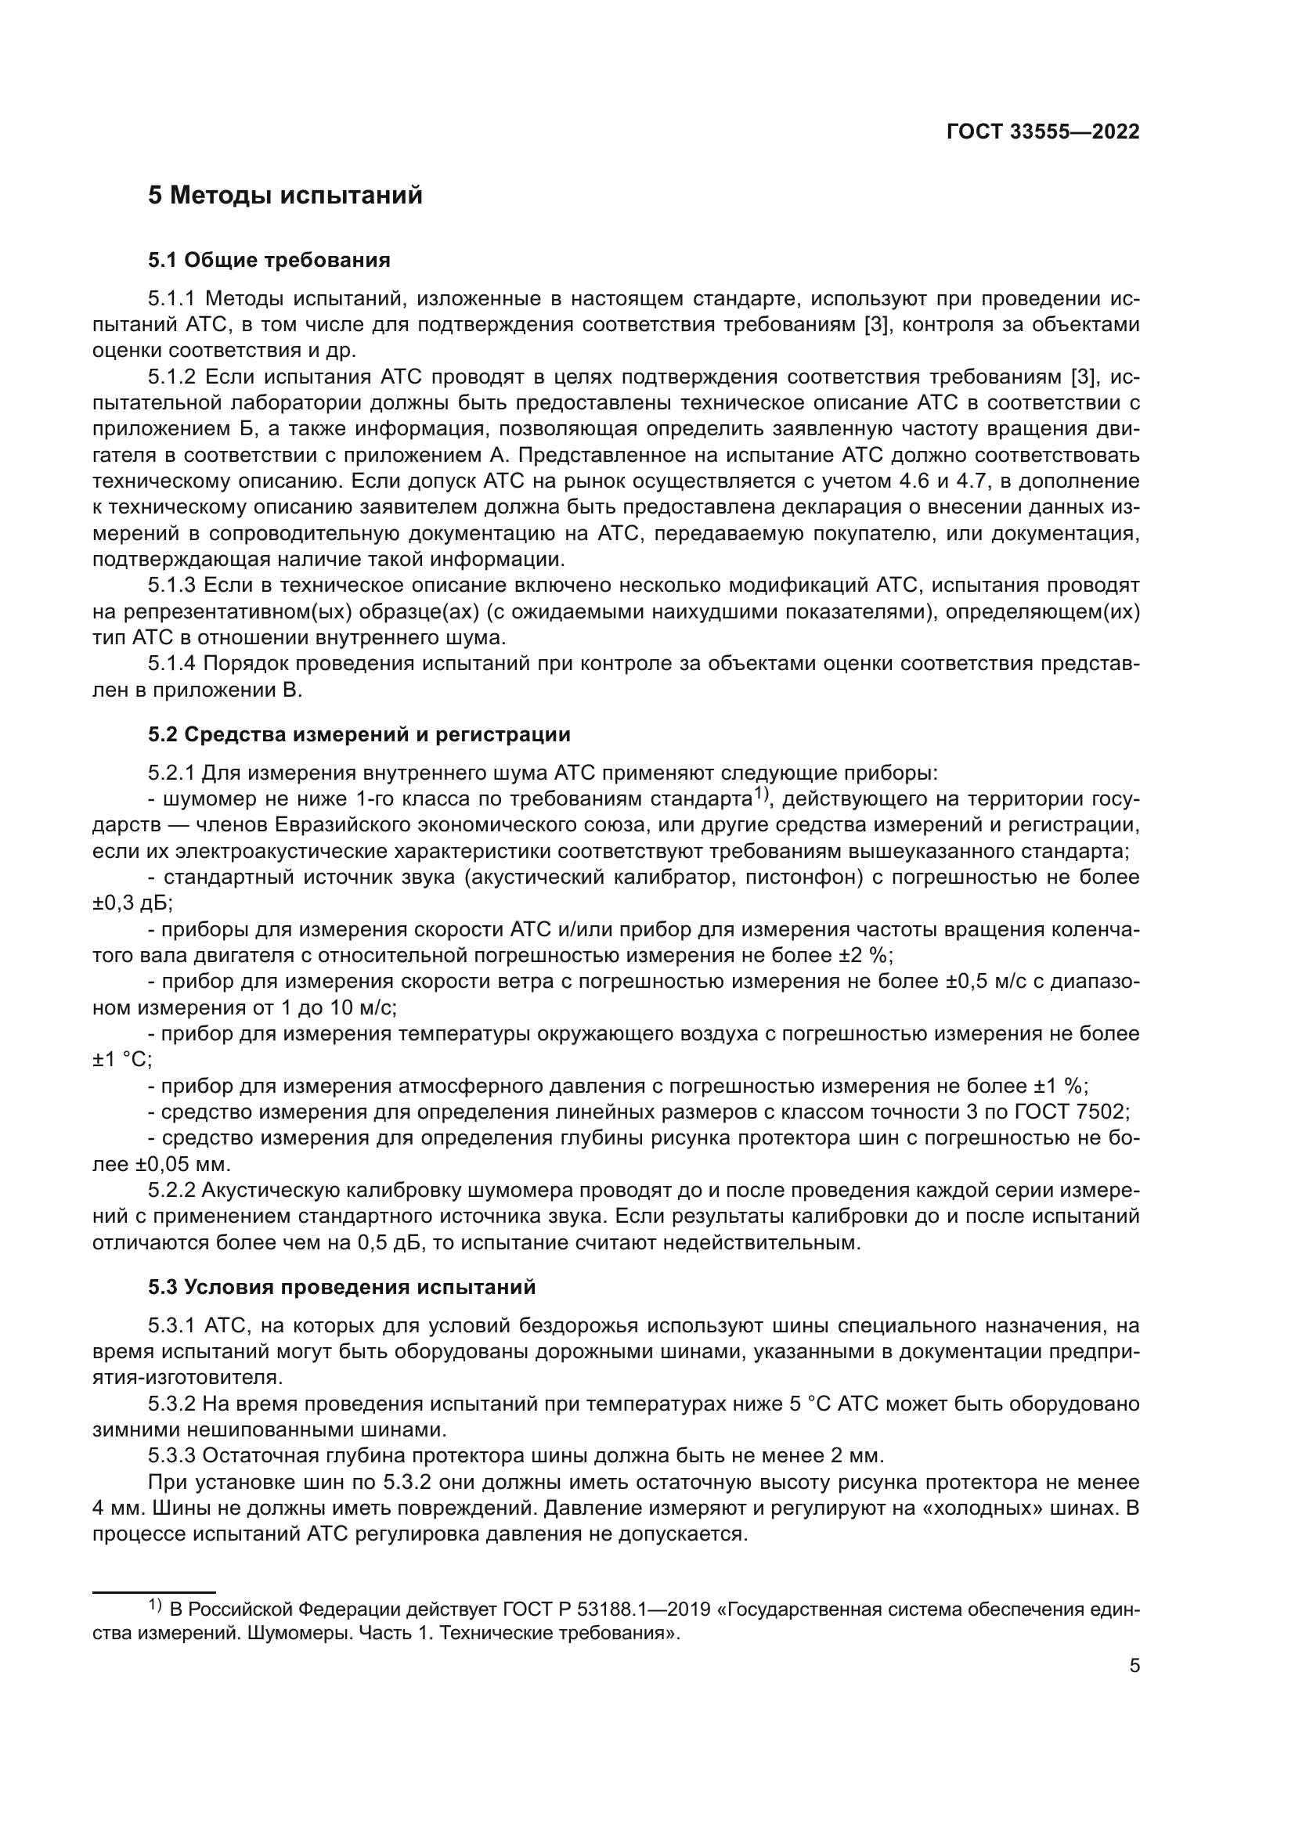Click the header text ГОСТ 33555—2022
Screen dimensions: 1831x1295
click(1042, 132)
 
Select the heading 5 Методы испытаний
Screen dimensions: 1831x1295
click(285, 196)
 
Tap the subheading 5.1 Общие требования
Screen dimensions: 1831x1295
click(269, 260)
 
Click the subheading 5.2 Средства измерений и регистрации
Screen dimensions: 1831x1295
click(359, 733)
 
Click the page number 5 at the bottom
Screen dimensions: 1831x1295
click(1134, 1665)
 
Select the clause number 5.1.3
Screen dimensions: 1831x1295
click(171, 586)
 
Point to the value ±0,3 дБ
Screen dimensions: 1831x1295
click(132, 903)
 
